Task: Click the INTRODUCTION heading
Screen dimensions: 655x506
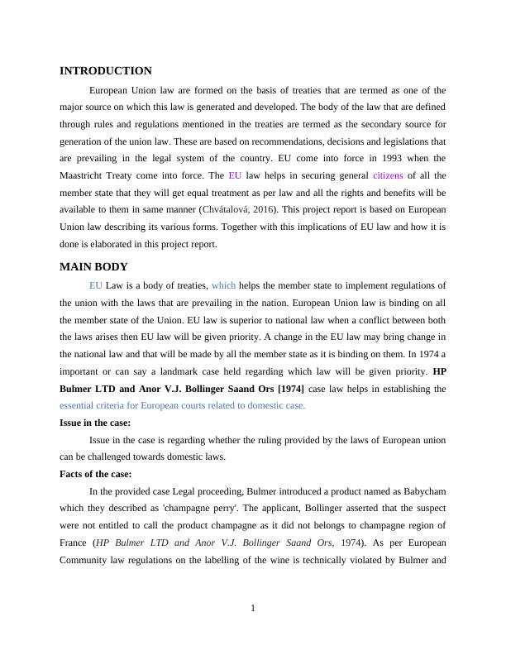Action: click(106, 71)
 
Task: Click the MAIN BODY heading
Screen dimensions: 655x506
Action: click(93, 266)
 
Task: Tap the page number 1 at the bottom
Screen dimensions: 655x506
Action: click(253, 610)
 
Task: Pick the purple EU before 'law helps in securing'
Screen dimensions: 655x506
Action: click(235, 175)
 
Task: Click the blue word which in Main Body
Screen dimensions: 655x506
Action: click(223, 285)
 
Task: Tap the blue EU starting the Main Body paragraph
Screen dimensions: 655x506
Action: click(96, 285)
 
